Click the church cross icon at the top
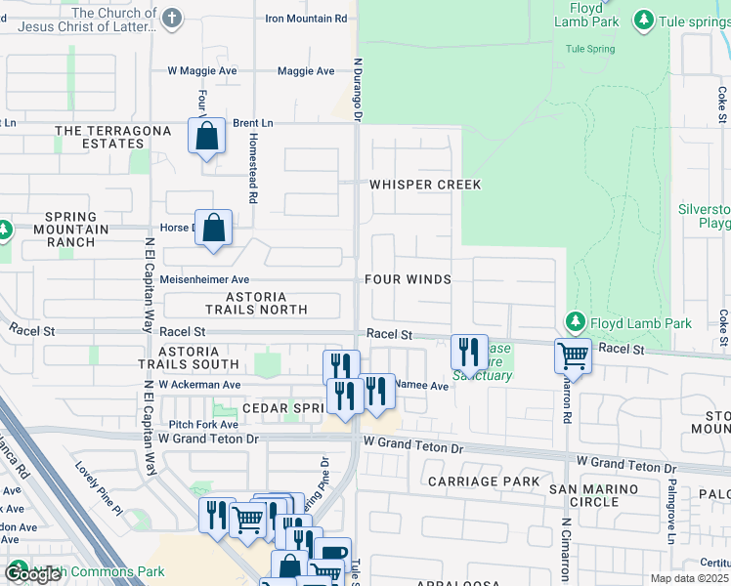pyautogui.click(x=172, y=19)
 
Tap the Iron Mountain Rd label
pyautogui.click(x=306, y=19)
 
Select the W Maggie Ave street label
pyautogui.click(x=202, y=71)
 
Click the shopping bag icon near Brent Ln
pyautogui.click(x=207, y=137)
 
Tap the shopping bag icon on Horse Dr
pyautogui.click(x=213, y=229)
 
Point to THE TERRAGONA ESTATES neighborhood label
pyautogui.click(x=100, y=137)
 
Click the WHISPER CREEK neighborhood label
pyautogui.click(x=410, y=185)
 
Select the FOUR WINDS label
pyautogui.click(x=408, y=279)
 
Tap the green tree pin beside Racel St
pyautogui.click(x=576, y=322)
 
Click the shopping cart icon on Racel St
pyautogui.click(x=573, y=356)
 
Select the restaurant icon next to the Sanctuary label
pyautogui.click(x=469, y=352)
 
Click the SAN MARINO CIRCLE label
pyautogui.click(x=583, y=495)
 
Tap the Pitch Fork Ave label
pyautogui.click(x=203, y=425)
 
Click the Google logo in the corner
pyautogui.click(x=32, y=574)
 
